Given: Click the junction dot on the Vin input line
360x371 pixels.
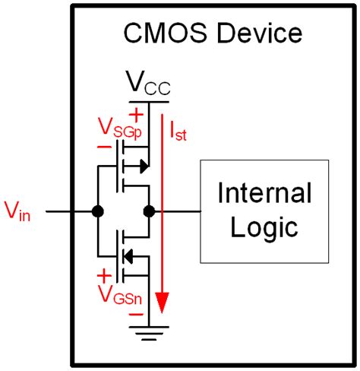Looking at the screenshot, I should (97, 211).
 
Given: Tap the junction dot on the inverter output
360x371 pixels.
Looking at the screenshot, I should (149, 211).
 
